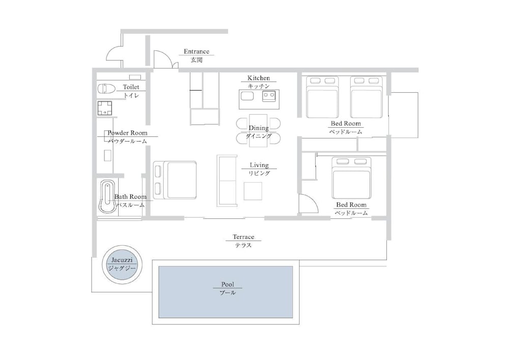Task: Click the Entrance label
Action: tap(196, 51)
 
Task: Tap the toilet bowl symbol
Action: tap(106, 89)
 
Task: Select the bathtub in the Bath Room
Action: tap(107, 197)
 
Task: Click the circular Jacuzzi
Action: tap(122, 264)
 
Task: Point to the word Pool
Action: tap(228, 284)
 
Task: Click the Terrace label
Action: tap(243, 237)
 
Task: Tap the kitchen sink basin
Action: tap(247, 96)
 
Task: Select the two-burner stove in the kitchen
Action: tap(269, 95)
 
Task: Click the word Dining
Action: tap(259, 128)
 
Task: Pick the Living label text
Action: tap(259, 165)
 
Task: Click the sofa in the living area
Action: tap(227, 180)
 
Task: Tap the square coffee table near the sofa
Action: tap(253, 191)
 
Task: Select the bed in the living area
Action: tap(175, 180)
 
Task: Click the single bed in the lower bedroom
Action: tap(351, 178)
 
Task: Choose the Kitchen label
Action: tap(259, 78)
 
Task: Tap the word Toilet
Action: tap(131, 87)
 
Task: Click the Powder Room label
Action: tap(127, 133)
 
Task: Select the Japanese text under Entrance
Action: tap(196, 60)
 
